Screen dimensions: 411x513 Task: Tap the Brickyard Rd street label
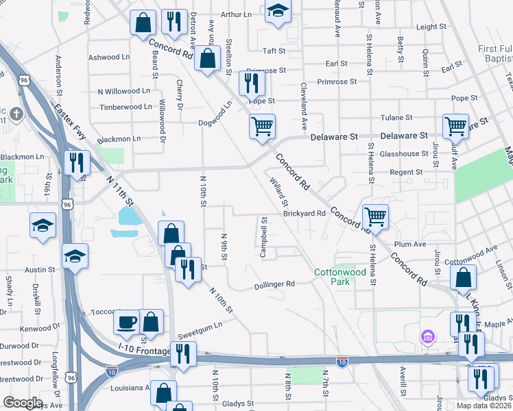click(304, 213)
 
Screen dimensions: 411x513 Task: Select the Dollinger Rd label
click(274, 284)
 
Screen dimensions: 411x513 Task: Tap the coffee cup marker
click(127, 321)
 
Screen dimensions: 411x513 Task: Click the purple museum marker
click(428, 337)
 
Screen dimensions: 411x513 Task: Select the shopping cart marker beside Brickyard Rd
click(375, 216)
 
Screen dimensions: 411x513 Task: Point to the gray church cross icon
click(16, 114)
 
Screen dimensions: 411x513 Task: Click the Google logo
click(23, 403)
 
